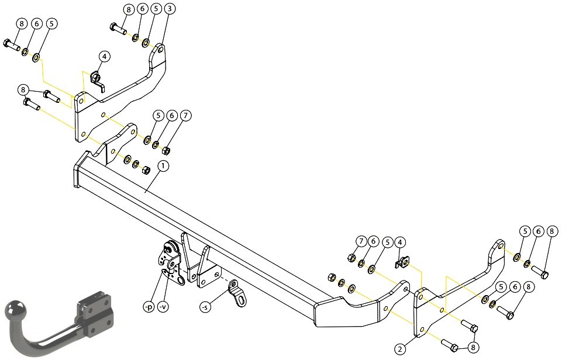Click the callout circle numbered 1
pyautogui.click(x=163, y=166)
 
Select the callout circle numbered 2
pyautogui.click(x=401, y=348)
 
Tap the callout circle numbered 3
pyautogui.click(x=170, y=9)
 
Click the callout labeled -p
pyautogui.click(x=148, y=307)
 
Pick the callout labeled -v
pyautogui.click(x=163, y=307)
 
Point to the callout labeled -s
pyautogui.click(x=205, y=307)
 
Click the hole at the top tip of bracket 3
pyautogui.click(x=160, y=50)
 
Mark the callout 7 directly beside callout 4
pyautogui.click(x=361, y=241)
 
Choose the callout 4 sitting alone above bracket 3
pyautogui.click(x=104, y=57)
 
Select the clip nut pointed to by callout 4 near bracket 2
pyautogui.click(x=403, y=264)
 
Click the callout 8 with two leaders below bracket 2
pyautogui.click(x=474, y=347)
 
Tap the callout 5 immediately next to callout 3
pyautogui.click(x=156, y=9)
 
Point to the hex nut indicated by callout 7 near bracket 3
pyautogui.click(x=166, y=150)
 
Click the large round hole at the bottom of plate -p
pyautogui.click(x=180, y=281)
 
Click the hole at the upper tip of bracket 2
pyautogui.click(x=500, y=247)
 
